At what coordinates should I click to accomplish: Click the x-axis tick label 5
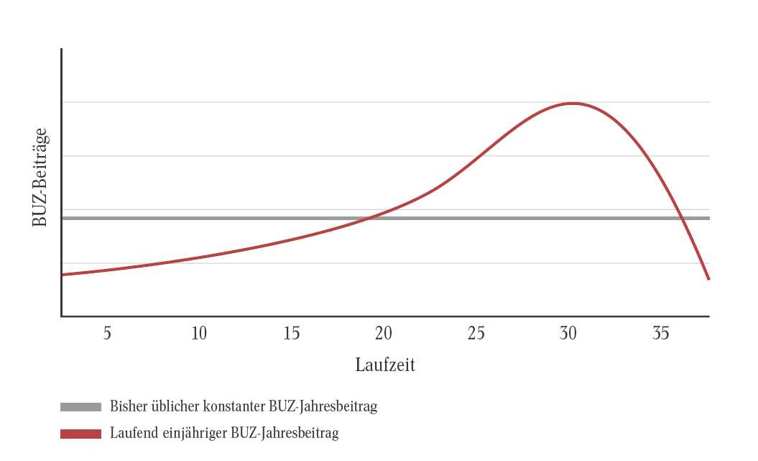[x=107, y=334]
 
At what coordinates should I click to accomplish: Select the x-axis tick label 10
[x=199, y=334]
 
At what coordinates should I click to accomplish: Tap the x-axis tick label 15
[x=292, y=334]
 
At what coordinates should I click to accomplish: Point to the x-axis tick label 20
[x=384, y=334]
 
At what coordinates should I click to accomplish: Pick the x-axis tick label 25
[x=476, y=334]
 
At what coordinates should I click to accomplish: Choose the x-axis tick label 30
[x=568, y=334]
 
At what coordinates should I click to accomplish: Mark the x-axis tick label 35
[x=661, y=334]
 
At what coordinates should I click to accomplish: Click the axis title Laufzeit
[x=385, y=365]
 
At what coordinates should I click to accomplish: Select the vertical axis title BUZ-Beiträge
[x=40, y=178]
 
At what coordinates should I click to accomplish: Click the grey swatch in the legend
[x=80, y=407]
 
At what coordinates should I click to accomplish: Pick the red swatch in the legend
[x=80, y=434]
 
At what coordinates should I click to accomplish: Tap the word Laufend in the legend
[x=132, y=434]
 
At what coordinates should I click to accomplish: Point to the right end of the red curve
[x=709, y=279]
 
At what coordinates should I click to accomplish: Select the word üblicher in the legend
[x=173, y=406]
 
